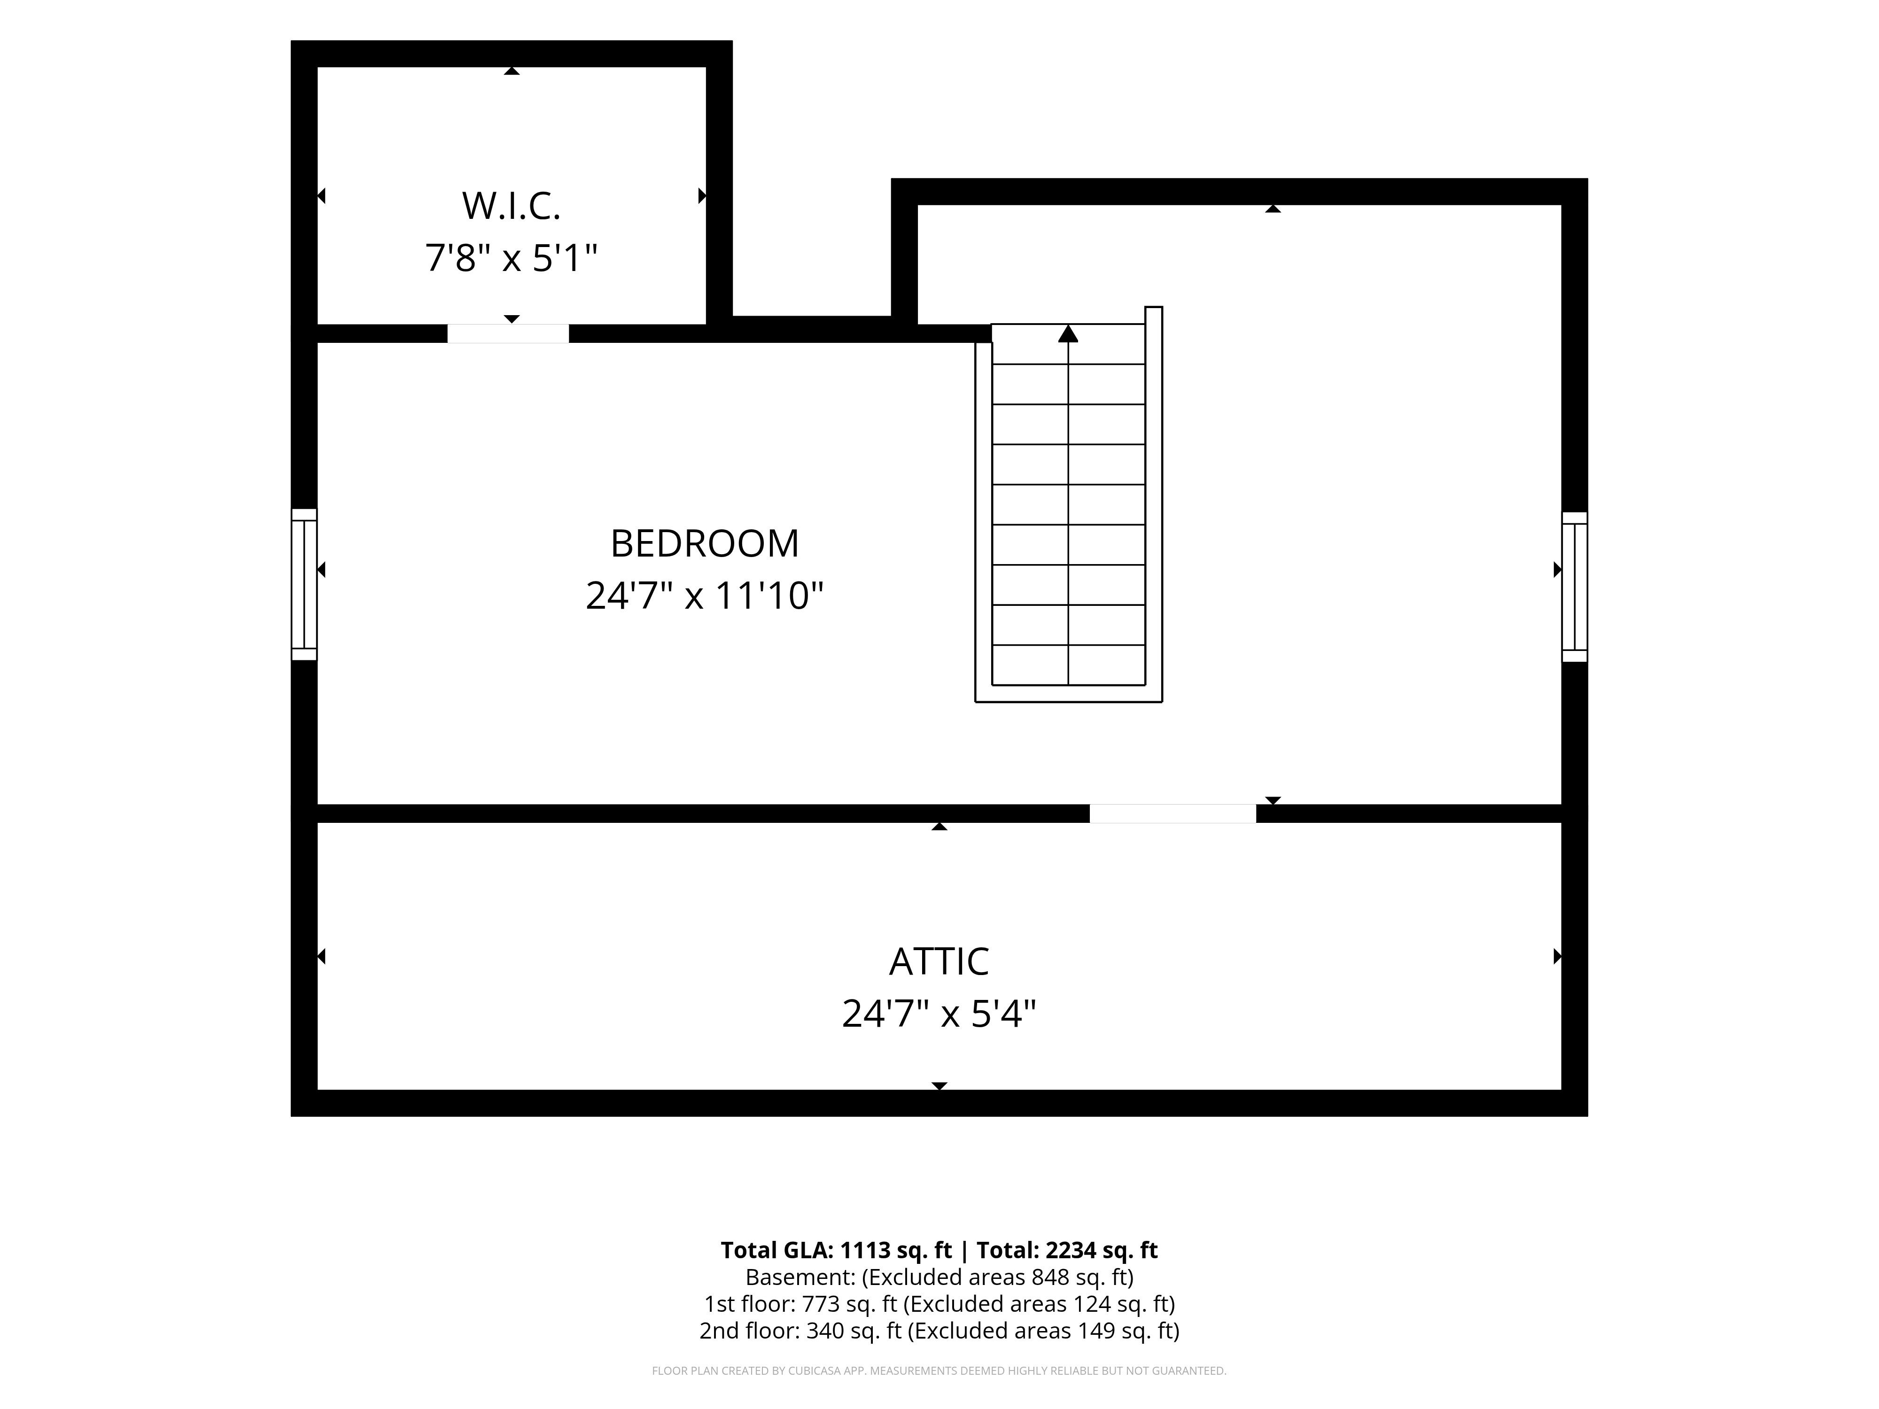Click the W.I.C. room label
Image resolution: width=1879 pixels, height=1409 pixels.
[512, 206]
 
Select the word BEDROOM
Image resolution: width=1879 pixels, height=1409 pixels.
[705, 543]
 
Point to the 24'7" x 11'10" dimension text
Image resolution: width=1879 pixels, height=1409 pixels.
[705, 596]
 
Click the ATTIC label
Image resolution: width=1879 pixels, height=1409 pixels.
[939, 961]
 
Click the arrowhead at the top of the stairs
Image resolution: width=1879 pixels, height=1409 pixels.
[1069, 334]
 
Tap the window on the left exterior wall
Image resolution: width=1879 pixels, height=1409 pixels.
[304, 584]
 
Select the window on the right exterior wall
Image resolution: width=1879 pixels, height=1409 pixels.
[1575, 587]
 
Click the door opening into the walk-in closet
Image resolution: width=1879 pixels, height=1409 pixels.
[508, 334]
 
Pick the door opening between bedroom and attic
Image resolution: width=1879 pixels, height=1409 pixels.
[1173, 813]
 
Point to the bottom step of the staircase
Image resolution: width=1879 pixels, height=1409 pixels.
[1069, 665]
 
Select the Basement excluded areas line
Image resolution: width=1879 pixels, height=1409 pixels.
[939, 1277]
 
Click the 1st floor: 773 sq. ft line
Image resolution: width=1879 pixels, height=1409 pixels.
[939, 1304]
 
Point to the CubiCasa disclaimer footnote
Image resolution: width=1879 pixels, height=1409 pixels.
[939, 1371]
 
